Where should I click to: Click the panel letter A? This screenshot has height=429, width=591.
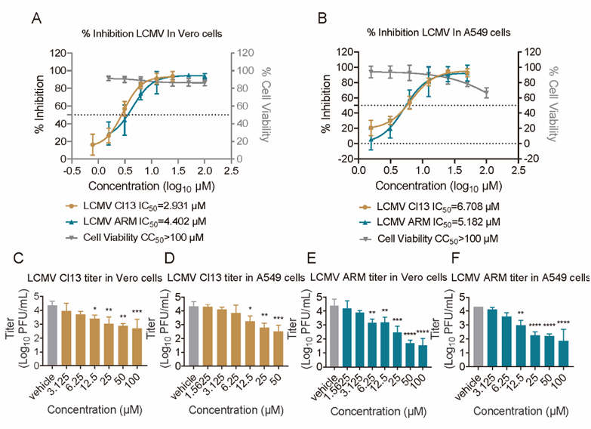35,17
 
